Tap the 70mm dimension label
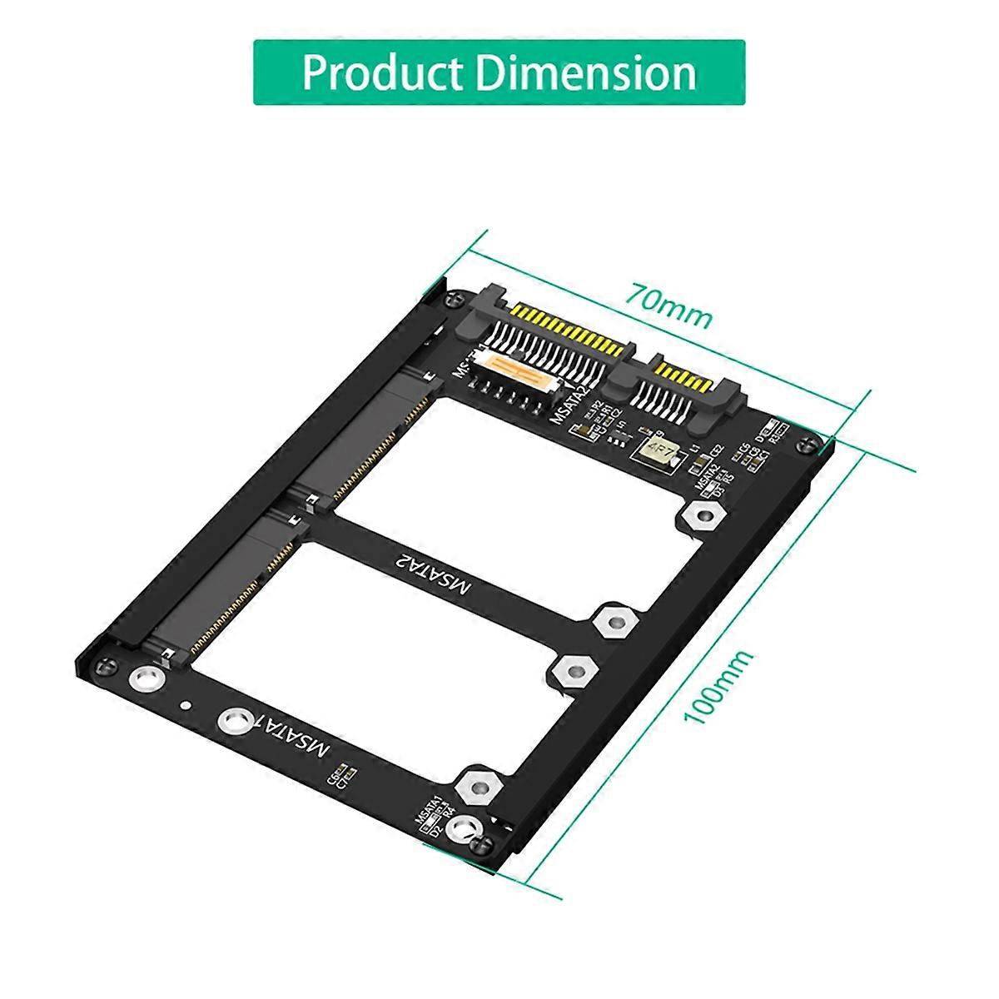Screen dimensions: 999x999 [x=671, y=306]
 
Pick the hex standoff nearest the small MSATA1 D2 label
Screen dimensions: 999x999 [x=478, y=785]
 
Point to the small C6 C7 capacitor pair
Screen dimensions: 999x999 [x=342, y=774]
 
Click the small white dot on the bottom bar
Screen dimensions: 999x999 [x=185, y=707]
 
